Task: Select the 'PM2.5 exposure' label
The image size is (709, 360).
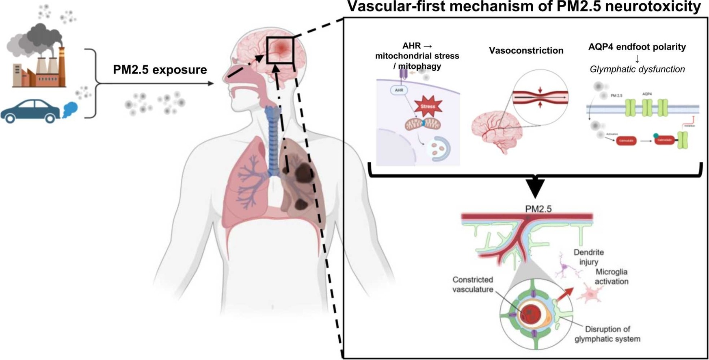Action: point(160,69)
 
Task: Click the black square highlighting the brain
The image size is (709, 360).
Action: point(280,50)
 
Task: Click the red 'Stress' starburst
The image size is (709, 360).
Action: point(427,106)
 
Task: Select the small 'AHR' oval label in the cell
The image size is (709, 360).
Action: point(399,90)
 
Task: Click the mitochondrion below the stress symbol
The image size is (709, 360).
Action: point(422,124)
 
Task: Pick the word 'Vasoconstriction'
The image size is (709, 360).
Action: point(526,50)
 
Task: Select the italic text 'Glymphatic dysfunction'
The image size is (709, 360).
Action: point(637,69)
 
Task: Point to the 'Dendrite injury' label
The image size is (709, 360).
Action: point(588,257)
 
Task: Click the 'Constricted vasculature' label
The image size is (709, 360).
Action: point(473,284)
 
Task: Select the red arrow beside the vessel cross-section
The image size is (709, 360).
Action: point(565,294)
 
